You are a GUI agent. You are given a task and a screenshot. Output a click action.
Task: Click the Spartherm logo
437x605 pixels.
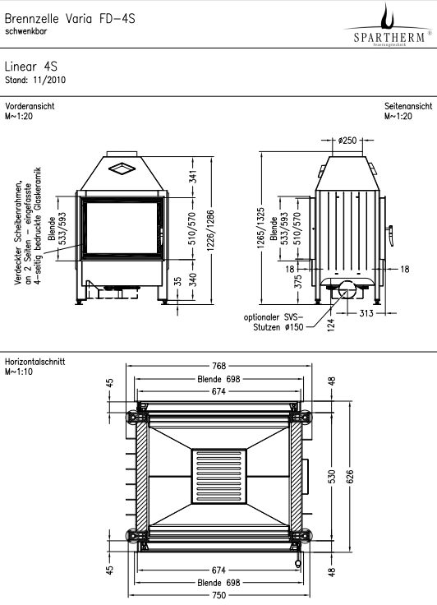[389, 25]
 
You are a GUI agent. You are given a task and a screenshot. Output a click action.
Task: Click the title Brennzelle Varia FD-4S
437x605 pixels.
[70, 19]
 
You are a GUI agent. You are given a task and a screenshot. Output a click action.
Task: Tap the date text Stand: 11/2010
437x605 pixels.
[35, 81]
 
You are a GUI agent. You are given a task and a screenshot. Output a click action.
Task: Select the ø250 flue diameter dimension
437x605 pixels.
[347, 141]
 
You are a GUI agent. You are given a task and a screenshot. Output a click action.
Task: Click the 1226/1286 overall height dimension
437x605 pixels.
[211, 230]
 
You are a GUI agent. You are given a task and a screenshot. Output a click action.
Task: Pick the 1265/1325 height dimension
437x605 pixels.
[261, 228]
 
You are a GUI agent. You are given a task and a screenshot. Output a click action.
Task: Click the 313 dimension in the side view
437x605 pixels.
[366, 313]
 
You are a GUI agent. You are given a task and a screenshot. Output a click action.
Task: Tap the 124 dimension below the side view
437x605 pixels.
[331, 325]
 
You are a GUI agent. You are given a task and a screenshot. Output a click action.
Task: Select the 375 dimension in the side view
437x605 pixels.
[298, 281]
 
